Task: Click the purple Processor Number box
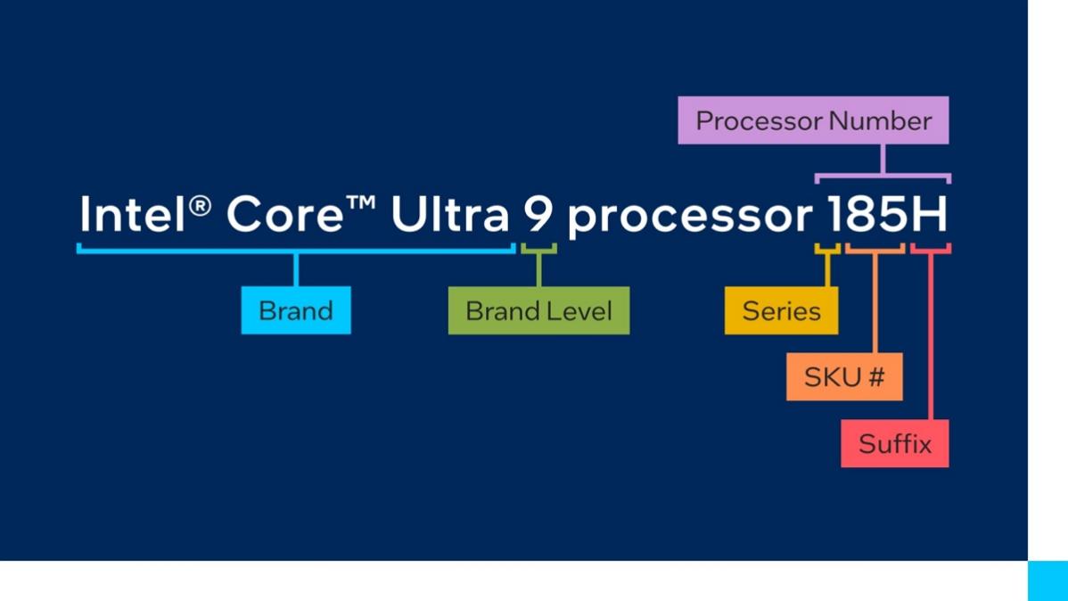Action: [813, 120]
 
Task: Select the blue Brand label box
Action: [296, 310]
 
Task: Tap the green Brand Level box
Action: [538, 310]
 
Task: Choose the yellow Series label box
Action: [781, 310]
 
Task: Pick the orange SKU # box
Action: [844, 377]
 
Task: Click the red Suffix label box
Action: [894, 443]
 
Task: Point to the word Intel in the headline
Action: [134, 215]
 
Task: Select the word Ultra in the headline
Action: [449, 215]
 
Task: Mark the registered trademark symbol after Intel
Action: [202, 205]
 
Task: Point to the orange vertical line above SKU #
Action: [875, 303]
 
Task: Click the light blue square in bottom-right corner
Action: [1047, 580]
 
